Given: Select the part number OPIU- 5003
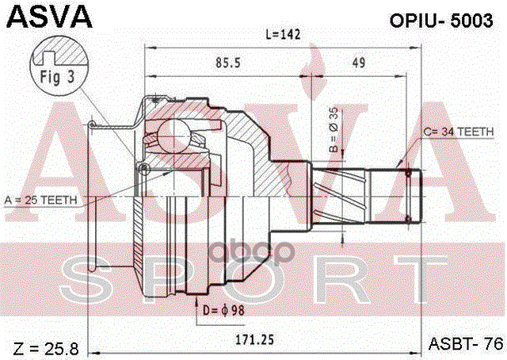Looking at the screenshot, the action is point(441,21).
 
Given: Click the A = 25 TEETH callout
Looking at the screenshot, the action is point(42,199).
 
